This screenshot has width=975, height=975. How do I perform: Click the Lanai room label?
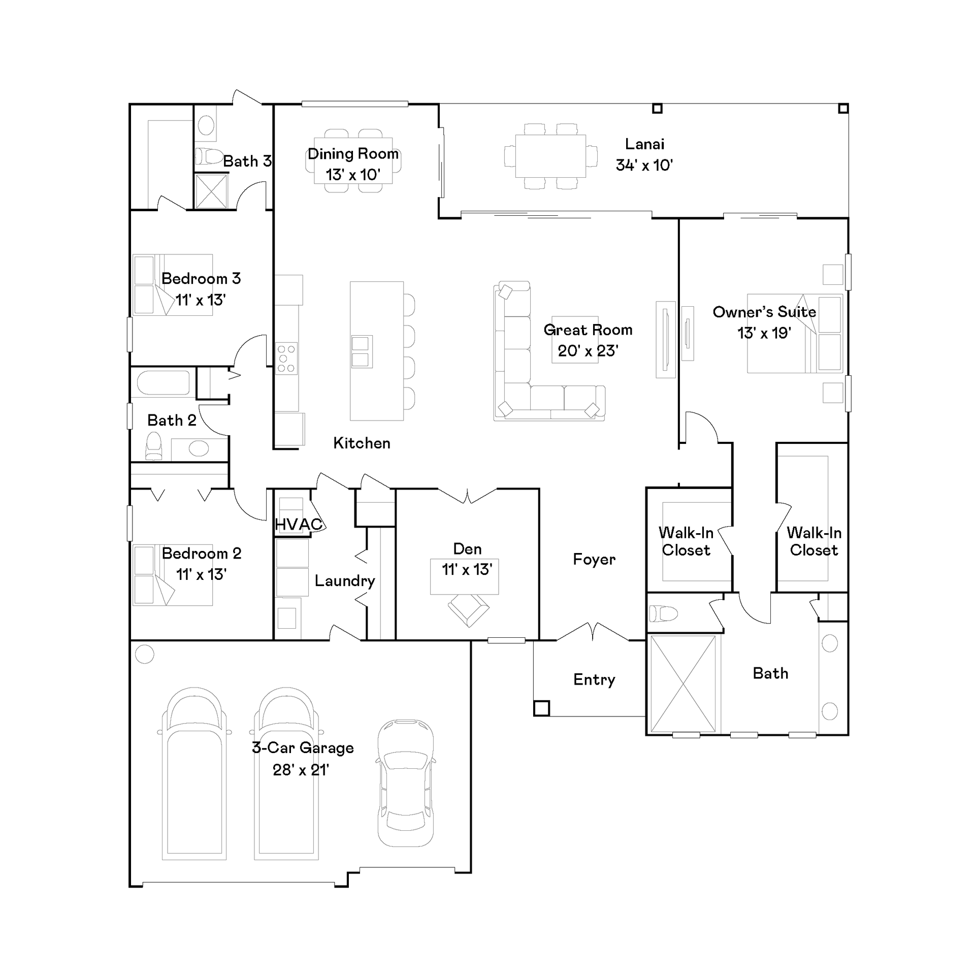coord(644,144)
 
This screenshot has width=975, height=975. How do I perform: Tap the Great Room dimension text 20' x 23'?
coord(588,351)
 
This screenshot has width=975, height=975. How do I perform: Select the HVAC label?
coord(299,524)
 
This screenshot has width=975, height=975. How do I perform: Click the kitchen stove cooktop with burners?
coord(286,359)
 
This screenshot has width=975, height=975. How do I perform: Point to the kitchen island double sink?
coord(362,352)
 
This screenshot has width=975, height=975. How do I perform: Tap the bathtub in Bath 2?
coord(164,383)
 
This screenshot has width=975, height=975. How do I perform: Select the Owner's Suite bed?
coord(795,334)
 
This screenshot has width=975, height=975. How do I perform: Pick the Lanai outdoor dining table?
coord(550,156)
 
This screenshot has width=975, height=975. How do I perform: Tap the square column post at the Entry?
coord(541,708)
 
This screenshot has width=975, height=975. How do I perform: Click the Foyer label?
coord(594,560)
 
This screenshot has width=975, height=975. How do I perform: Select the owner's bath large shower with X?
coord(683,684)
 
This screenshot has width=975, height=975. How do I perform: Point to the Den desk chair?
coord(468,610)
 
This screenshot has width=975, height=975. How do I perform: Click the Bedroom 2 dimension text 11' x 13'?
coord(201,574)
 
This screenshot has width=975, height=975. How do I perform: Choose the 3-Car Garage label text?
coord(303,748)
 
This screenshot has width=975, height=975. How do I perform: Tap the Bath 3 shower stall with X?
coord(211,191)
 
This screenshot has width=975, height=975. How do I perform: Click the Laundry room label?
coord(345,581)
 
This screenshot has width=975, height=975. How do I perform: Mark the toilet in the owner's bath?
coord(664,613)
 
